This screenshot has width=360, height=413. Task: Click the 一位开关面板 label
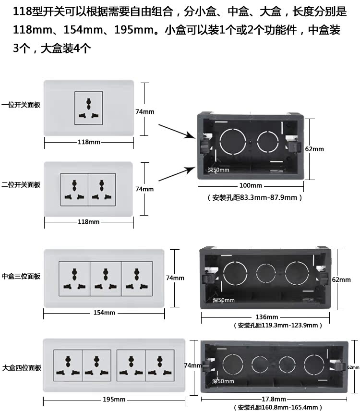pos(21,104)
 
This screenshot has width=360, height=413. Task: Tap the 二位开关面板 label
pos(21,185)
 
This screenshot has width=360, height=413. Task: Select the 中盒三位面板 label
pos(21,276)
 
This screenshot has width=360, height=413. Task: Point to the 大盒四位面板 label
pos(21,368)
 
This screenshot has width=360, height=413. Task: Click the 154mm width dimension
pos(104,313)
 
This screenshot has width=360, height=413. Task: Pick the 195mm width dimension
pos(114,399)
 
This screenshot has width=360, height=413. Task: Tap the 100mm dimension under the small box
pos(251,185)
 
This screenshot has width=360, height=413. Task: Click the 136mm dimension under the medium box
pos(266,317)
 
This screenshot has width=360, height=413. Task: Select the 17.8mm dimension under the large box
pos(274,399)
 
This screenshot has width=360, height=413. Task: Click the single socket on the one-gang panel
pos(88,109)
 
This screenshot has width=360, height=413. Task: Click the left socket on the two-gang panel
pos(74,189)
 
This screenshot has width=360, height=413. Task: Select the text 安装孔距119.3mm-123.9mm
pos(278,325)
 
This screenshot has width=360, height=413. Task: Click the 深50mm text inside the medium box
pos(224,300)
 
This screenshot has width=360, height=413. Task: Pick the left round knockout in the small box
pos(232,142)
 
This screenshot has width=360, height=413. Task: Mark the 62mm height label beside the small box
pos(314,149)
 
